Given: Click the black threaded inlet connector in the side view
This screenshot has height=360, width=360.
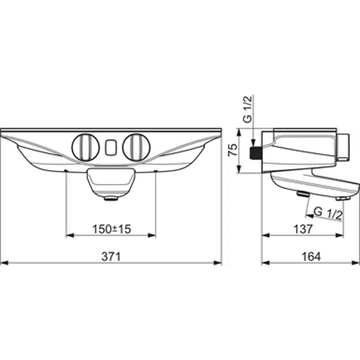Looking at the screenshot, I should point(256,153).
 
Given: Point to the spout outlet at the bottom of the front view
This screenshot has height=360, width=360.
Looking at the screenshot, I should point(110,198).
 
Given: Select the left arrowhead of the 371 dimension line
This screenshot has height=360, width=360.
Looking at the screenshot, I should point(4,262).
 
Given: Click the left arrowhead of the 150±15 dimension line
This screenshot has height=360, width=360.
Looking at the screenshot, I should point(68,235).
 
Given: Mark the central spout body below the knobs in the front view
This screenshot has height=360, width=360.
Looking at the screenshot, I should point(110,181).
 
